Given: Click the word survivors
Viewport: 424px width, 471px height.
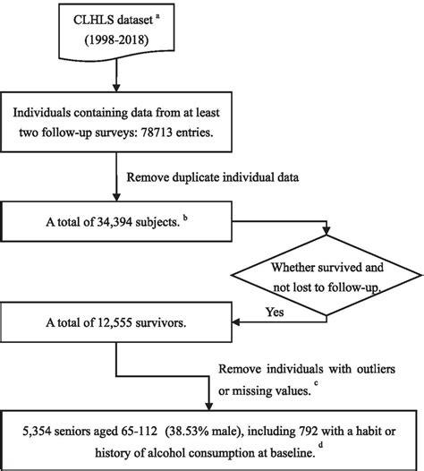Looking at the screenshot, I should tap(151, 324).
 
